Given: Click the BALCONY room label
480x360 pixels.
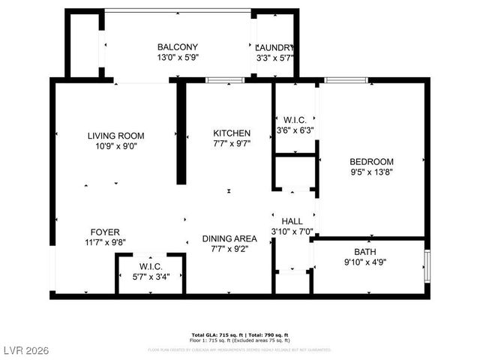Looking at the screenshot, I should point(178,46).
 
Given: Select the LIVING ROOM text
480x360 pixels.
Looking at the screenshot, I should point(115,136).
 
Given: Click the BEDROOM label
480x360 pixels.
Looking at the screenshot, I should point(372,161).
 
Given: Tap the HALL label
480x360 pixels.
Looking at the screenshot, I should point(292,221).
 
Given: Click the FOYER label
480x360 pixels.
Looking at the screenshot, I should point(104,232).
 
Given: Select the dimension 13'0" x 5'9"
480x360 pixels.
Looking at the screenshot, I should point(178,57).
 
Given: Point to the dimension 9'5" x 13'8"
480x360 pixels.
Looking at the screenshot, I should point(372,172).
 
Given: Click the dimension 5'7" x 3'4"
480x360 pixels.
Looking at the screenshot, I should point(150,277).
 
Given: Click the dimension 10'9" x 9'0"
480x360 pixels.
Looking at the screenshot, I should point(115,146).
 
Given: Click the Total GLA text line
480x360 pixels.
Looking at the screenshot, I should point(240,334).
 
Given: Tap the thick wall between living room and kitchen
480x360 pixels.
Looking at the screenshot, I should point(181,133).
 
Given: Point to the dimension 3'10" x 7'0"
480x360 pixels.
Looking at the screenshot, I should point(292,232).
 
